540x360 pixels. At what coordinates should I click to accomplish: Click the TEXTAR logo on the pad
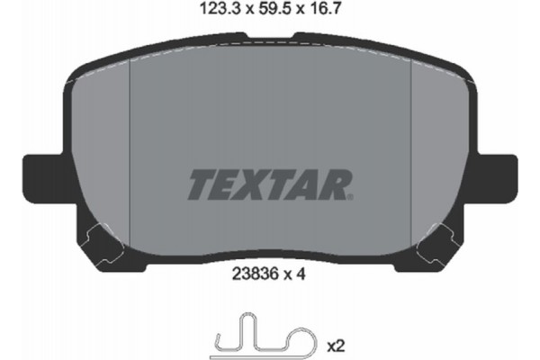point(269,184)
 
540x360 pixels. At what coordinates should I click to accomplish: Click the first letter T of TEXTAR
point(200,184)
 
